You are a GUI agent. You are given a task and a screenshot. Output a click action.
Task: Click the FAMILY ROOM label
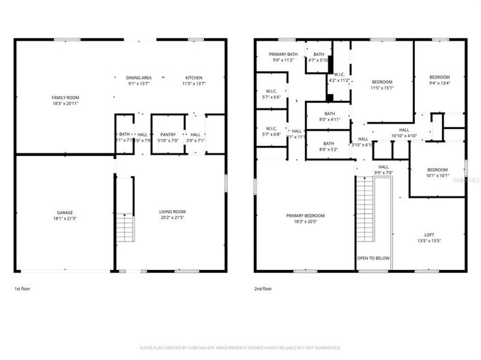coord(65,97)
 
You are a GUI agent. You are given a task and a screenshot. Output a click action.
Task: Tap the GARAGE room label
coord(65,212)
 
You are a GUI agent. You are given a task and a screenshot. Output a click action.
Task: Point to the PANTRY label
coord(168,134)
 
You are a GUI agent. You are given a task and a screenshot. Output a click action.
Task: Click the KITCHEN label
coord(194,78)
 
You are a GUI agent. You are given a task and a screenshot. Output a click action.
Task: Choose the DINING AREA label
coord(139,78)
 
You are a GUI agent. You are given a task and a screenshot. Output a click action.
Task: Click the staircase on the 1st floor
coord(123,228)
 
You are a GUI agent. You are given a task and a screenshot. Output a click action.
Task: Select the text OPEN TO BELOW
coord(373,258)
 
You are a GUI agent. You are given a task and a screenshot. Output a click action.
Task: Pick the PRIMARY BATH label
coord(282,54)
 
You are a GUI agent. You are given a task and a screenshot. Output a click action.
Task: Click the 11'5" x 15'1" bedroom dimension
coord(382,87)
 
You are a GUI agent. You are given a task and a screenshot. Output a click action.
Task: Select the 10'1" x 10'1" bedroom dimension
coord(437,176)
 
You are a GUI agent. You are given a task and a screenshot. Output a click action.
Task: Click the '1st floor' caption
coord(23,288)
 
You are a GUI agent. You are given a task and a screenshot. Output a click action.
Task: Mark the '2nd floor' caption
coord(263,288)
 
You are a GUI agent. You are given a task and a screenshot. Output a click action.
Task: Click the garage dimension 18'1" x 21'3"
coord(65,218)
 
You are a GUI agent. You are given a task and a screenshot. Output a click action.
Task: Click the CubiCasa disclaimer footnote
coord(240,347)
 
